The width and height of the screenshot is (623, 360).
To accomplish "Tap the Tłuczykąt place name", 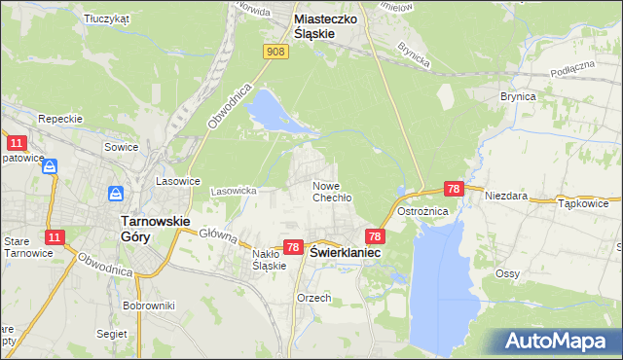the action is point(107,18).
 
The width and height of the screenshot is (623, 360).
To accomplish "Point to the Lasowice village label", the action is point(178,181).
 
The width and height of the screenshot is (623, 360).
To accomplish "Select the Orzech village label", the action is point(314,298).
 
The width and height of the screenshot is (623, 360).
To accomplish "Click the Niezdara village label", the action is point(506,196).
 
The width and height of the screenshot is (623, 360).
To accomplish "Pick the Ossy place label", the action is point(506,273).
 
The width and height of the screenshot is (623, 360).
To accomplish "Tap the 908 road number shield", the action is point(275,52).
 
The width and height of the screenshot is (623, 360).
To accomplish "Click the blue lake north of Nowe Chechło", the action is point(273,111).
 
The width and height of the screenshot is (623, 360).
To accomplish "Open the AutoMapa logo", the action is point(556,342).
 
